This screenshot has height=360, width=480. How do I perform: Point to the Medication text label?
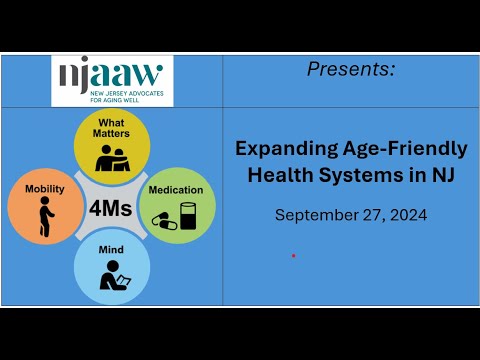point(176,189)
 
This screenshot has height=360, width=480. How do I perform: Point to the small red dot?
point(293,256)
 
